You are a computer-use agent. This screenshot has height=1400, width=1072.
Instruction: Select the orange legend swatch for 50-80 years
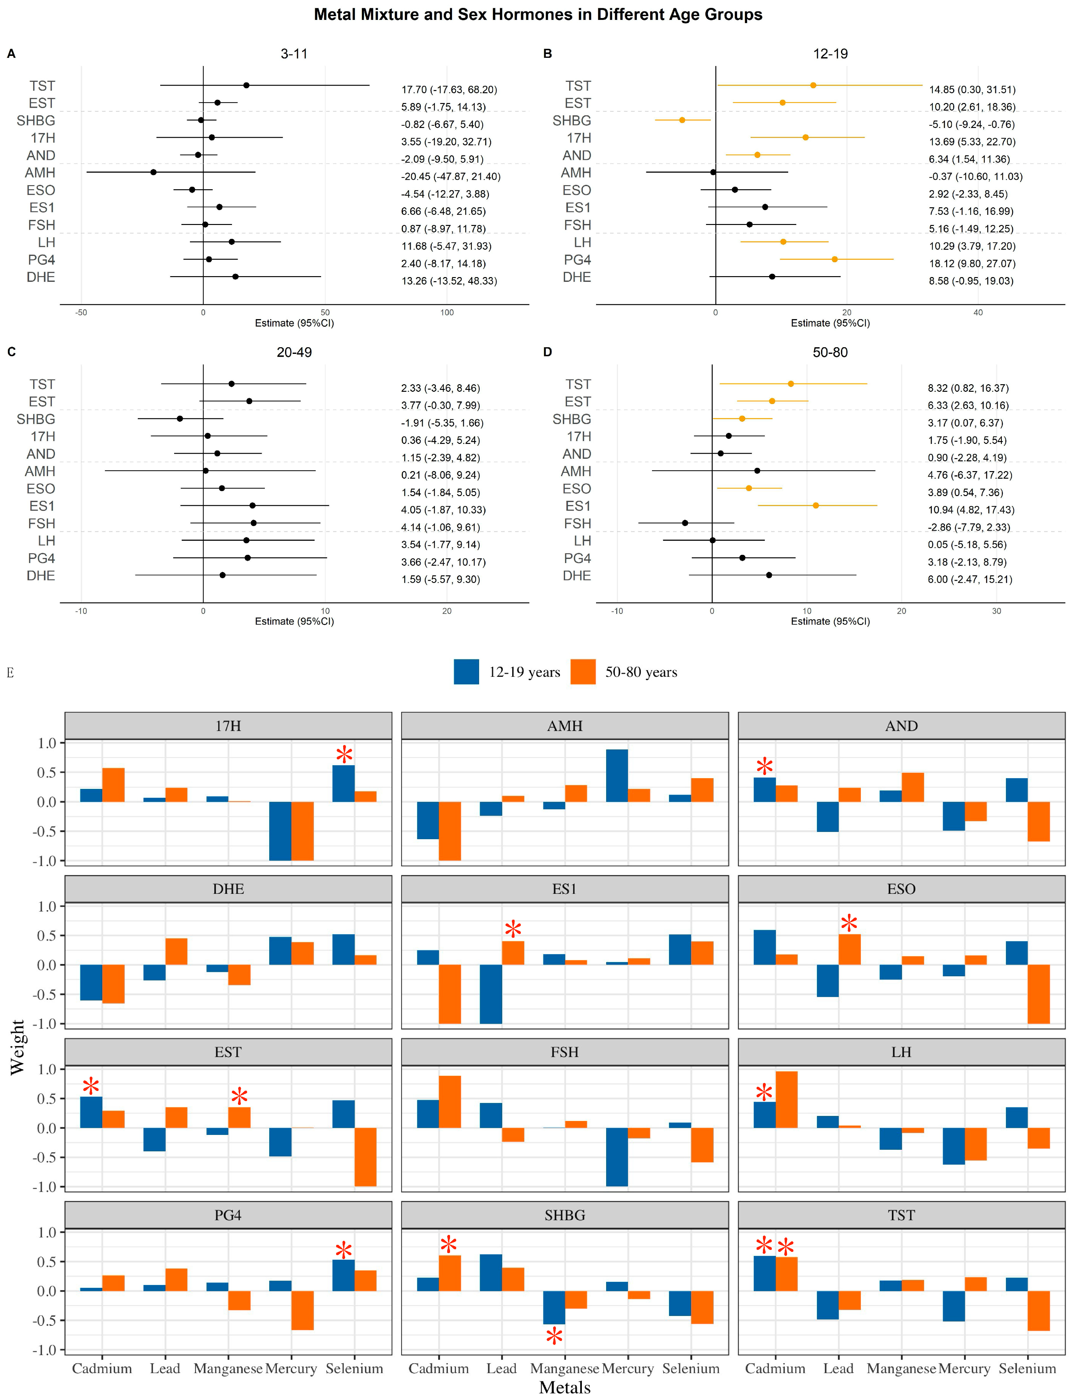[x=582, y=672]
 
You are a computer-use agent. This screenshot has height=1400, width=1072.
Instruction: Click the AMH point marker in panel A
[x=153, y=172]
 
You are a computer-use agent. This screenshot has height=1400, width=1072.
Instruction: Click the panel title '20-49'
[x=294, y=352]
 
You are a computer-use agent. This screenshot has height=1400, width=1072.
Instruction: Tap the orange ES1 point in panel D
[x=815, y=505]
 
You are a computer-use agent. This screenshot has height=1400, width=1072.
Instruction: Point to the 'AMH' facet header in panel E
[x=565, y=726]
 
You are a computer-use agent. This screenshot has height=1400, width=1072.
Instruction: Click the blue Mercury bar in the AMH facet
[x=616, y=776]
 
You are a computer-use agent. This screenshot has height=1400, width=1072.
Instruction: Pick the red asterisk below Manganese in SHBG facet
[x=554, y=1336]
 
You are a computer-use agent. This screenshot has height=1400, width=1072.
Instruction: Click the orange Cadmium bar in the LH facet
[x=786, y=1100]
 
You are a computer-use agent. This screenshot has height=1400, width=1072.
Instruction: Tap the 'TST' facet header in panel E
[x=901, y=1215]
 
